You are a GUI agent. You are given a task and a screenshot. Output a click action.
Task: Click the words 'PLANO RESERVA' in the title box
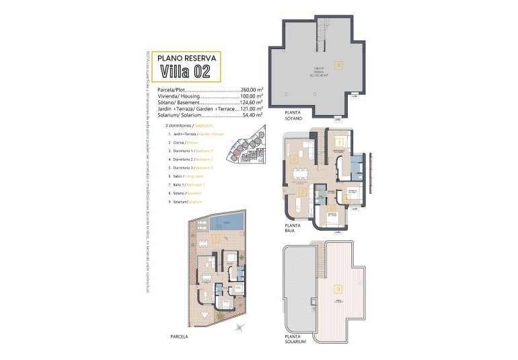189,58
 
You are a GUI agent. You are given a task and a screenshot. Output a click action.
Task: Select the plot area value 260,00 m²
252,89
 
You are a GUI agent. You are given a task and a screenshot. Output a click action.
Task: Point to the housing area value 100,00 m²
252,96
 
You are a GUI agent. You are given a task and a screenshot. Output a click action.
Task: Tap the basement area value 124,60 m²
252,103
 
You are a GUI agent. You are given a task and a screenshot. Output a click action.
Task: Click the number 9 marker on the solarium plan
337,289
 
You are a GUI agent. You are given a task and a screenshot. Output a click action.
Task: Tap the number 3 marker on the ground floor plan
340,142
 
